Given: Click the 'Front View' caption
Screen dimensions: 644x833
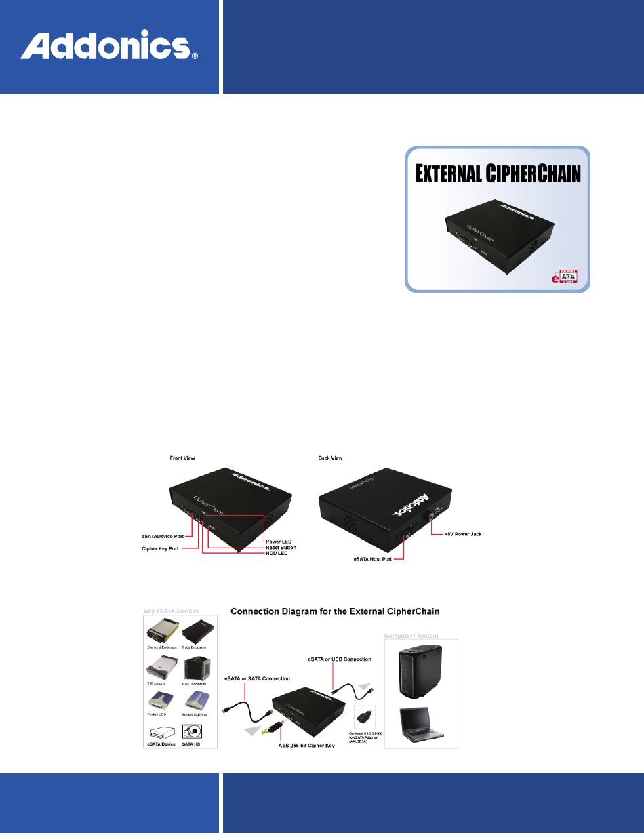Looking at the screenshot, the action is pyautogui.click(x=182, y=458).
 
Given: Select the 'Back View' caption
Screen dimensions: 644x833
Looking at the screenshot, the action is pyautogui.click(x=330, y=458).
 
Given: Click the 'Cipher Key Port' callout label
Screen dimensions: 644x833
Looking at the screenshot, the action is pyautogui.click(x=161, y=548).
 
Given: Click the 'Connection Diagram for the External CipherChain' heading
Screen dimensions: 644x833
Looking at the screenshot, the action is pyautogui.click(x=336, y=611).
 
